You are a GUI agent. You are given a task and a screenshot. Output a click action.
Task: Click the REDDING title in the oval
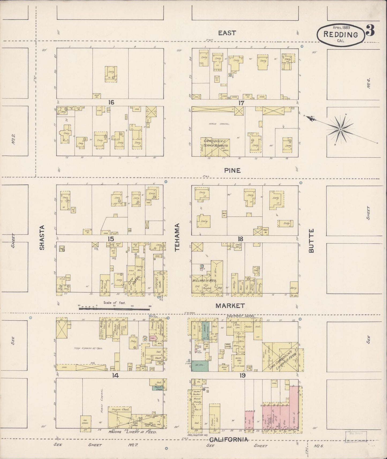(x=341, y=35)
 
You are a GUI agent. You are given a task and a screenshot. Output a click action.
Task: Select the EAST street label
(x=227, y=33)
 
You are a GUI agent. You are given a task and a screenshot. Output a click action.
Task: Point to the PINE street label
(x=232, y=170)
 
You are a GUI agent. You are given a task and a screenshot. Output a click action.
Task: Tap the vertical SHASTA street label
(x=42, y=238)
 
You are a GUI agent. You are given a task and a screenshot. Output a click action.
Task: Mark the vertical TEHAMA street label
(x=177, y=238)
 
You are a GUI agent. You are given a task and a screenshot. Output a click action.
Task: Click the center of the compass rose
(x=340, y=129)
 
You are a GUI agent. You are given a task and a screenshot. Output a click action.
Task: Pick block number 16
(x=111, y=102)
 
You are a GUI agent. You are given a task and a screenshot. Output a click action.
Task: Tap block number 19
(x=242, y=376)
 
